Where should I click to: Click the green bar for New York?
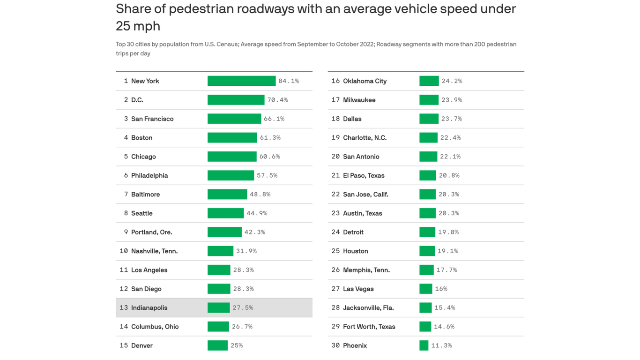point(241,81)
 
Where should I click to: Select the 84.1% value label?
point(289,81)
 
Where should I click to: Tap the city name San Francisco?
point(152,119)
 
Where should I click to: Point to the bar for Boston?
point(232,138)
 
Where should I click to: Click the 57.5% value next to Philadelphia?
point(267,175)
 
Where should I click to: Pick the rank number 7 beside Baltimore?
point(126,195)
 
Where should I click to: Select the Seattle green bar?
point(225,213)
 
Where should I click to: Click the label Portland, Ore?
point(151,232)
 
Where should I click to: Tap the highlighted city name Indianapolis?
point(149,308)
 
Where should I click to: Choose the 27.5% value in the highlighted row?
point(243,308)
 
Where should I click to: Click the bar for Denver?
point(217,345)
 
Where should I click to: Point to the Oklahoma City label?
point(365,81)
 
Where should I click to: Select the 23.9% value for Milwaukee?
point(452,100)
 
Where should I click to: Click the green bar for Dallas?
point(429,119)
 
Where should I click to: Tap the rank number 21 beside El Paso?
point(335,175)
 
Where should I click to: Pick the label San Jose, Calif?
point(365,195)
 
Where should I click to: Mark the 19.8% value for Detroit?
point(448,232)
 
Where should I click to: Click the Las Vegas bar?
point(425,289)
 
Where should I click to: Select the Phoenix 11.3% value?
point(441,345)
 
